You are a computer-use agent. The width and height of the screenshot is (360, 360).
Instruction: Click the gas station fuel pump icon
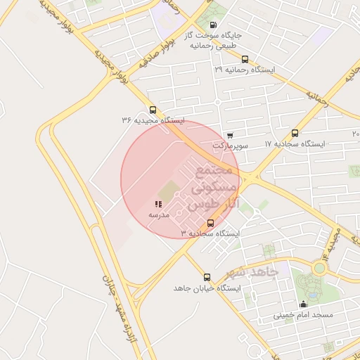pos(214,25)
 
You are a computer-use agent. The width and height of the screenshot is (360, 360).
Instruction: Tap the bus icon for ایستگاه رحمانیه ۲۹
pos(245,60)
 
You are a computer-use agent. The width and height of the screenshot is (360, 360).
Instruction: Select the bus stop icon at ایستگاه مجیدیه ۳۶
pos(153,110)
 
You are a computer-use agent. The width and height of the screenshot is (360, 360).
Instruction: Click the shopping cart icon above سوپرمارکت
pos(231,135)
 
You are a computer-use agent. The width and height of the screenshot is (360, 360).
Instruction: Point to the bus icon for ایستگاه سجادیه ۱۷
pos(294,133)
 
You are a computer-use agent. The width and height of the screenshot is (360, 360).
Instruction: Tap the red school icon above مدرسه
pos(157,204)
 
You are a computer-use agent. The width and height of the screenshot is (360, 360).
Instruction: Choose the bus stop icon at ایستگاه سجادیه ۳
pos(210,222)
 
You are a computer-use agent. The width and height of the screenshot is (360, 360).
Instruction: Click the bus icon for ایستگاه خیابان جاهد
pos(207,278)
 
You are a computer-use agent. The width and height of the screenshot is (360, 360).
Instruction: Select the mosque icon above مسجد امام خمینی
pos(303,304)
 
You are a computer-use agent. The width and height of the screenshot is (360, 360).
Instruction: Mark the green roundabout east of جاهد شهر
pos(320,268)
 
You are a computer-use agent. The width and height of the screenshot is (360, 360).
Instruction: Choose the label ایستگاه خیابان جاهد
pos(207,288)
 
